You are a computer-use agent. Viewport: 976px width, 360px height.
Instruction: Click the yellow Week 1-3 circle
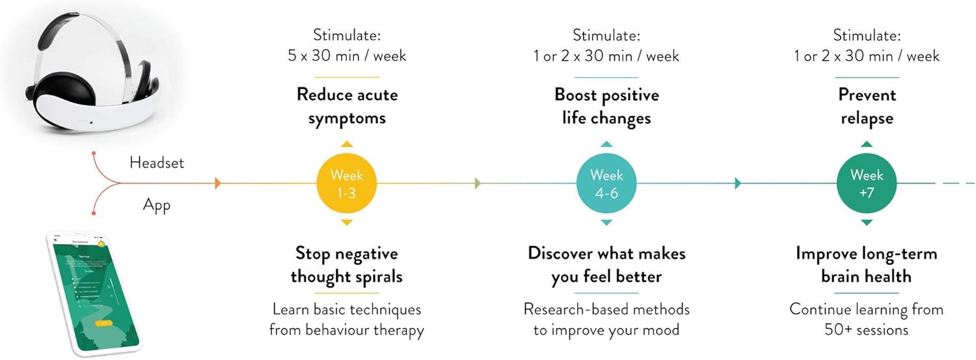[x=347, y=183]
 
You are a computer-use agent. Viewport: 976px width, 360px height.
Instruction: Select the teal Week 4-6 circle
[x=606, y=183]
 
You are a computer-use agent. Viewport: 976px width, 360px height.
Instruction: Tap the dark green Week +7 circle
[x=867, y=183]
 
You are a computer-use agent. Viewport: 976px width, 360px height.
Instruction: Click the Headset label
[x=157, y=163]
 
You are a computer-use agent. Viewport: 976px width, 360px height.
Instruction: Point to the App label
[x=156, y=206]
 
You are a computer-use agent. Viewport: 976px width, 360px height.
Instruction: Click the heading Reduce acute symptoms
[x=347, y=106]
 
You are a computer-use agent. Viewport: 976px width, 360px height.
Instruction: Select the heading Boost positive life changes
[x=606, y=106]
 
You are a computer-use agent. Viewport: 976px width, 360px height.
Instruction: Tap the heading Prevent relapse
[x=867, y=106]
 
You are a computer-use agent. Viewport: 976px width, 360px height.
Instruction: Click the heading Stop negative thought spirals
[x=347, y=264]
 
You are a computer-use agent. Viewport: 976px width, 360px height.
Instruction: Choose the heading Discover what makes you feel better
[x=606, y=264]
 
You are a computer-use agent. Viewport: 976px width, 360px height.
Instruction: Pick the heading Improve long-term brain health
[x=867, y=264]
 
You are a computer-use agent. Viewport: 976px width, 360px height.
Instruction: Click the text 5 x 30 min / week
[x=347, y=56]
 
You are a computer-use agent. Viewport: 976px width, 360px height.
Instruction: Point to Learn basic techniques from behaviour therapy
[x=347, y=319]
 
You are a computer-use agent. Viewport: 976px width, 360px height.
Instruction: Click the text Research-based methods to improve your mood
[x=606, y=319]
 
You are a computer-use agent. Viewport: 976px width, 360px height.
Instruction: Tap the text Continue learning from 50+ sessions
[x=867, y=319]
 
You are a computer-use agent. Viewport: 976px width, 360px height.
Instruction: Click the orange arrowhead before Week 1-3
[x=218, y=183]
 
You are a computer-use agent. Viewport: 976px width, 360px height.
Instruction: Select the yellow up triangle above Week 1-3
[x=347, y=144]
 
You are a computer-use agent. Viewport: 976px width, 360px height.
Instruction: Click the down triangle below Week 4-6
[x=606, y=223]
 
